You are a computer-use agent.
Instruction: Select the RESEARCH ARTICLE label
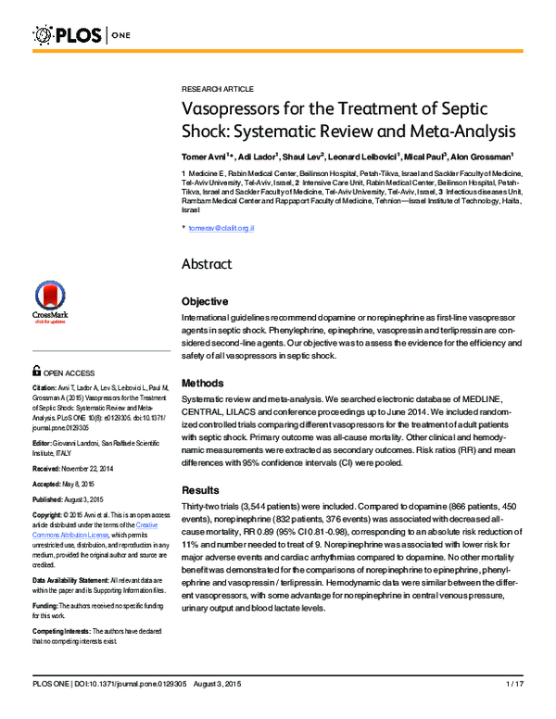click(x=217, y=88)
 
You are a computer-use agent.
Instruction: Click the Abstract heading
click(x=209, y=263)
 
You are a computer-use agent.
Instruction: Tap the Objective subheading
click(x=205, y=302)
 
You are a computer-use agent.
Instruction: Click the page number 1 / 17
click(x=515, y=709)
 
